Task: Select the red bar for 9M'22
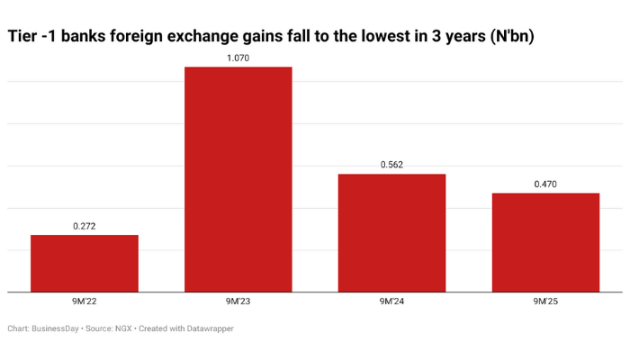coord(85,263)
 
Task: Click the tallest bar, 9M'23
coord(238,179)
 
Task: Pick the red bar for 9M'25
coord(545,242)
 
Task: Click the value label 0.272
coord(85,226)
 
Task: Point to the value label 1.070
coord(238,58)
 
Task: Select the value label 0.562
coord(391,165)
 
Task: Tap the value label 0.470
coord(545,184)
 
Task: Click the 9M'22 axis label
coord(85,302)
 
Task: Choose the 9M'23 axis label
coord(238,302)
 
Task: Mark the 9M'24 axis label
coord(391,302)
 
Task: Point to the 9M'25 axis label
coord(545,302)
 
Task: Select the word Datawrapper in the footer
coord(206,329)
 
